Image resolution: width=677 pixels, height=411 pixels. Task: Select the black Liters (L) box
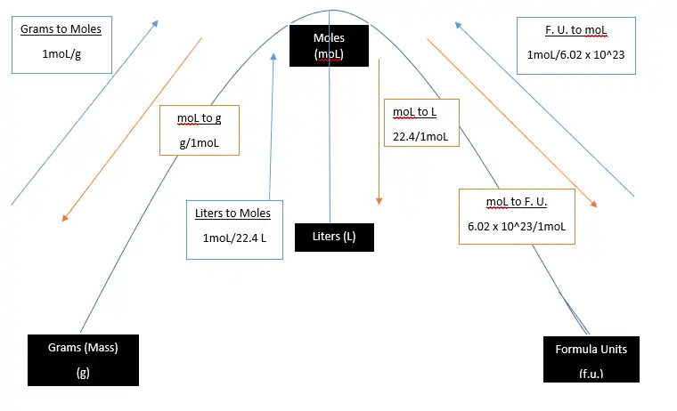click(333, 237)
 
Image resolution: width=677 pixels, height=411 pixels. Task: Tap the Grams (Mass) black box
click(84, 359)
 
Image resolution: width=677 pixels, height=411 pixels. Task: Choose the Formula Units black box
click(591, 359)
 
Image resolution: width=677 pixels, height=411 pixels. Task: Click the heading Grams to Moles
click(61, 29)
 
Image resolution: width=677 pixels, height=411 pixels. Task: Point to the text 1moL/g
click(61, 55)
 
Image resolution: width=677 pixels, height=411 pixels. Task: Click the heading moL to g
click(199, 118)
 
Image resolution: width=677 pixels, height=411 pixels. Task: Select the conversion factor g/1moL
click(199, 142)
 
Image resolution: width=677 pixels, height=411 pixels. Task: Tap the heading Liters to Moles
click(232, 214)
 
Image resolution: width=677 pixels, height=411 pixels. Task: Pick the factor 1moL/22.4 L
click(234, 238)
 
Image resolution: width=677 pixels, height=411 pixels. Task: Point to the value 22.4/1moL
click(420, 136)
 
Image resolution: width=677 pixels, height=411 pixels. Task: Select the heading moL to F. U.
click(516, 202)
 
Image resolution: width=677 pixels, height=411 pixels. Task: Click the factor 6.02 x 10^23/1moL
click(517, 227)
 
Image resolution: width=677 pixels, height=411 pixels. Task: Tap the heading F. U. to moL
click(575, 29)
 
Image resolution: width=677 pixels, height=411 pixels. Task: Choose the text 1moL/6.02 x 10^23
click(575, 54)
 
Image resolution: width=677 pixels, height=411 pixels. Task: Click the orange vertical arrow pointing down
click(379, 133)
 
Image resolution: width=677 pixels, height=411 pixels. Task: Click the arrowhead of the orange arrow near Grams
click(65, 217)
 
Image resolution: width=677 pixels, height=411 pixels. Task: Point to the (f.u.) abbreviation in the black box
click(591, 374)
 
